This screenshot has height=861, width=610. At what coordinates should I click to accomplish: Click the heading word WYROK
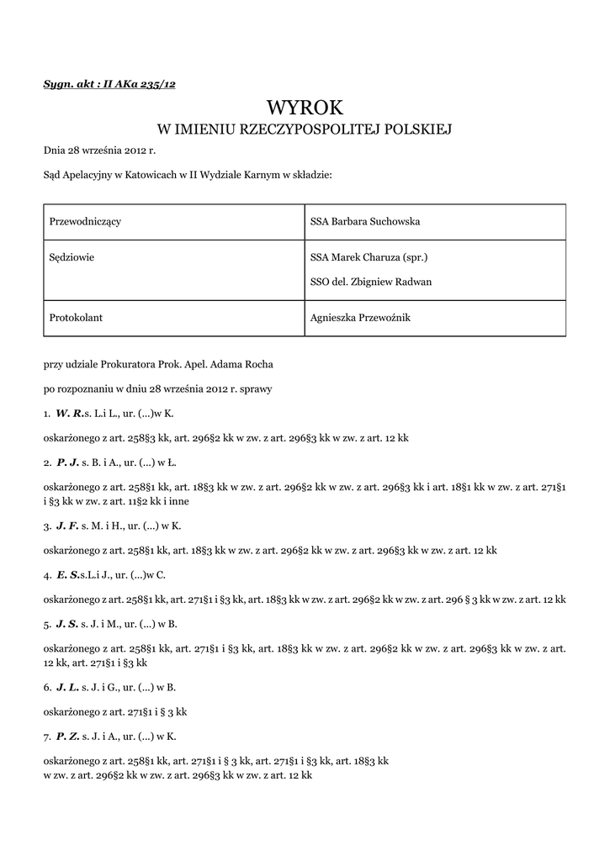coord(305,107)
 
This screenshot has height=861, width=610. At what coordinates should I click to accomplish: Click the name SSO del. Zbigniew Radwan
coord(371,282)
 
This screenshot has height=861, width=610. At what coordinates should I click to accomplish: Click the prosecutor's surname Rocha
coord(258,366)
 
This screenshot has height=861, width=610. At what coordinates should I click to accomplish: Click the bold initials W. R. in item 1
coord(69,414)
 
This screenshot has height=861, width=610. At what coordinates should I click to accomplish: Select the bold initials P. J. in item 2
coord(67,462)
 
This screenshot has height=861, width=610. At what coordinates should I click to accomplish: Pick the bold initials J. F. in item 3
coord(67,526)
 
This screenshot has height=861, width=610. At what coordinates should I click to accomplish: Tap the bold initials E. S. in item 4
coord(68,575)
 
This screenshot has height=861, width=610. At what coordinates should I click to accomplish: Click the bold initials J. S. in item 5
coord(67,624)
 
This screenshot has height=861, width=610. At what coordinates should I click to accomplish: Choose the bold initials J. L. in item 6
coord(67,687)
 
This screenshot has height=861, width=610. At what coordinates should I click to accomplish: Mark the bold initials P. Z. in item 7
coord(68,737)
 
